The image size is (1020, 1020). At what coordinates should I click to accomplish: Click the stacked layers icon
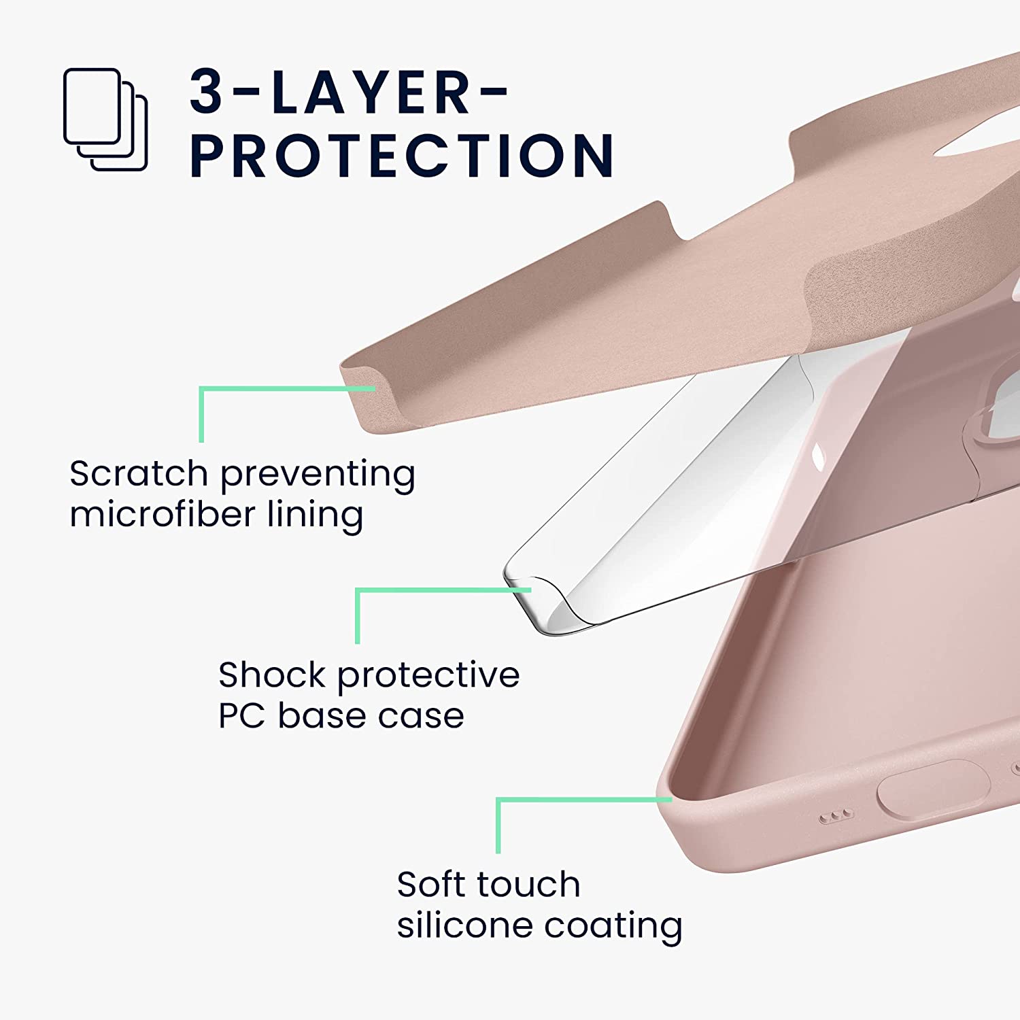pyautogui.click(x=105, y=118)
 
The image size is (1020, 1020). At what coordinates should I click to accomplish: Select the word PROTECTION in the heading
pyautogui.click(x=402, y=156)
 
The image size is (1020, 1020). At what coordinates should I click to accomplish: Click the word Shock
pyautogui.click(x=271, y=675)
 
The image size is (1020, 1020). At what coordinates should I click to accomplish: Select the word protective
pyautogui.click(x=428, y=675)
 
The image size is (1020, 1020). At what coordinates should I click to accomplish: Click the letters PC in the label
pyautogui.click(x=241, y=715)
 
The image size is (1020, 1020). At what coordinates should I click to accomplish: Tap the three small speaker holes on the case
pyautogui.click(x=836, y=816)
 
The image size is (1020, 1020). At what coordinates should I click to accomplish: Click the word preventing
pyautogui.click(x=318, y=475)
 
